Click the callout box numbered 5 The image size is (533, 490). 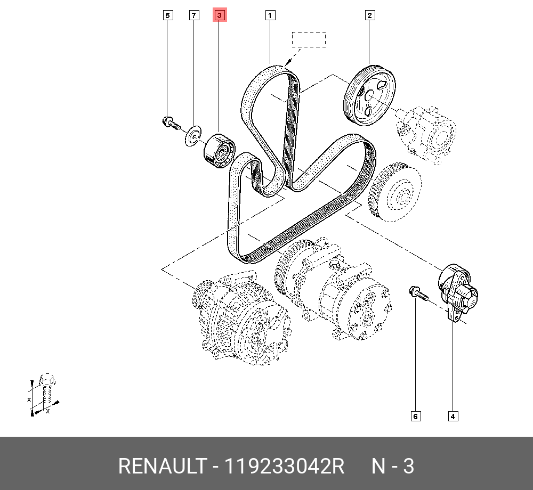167,15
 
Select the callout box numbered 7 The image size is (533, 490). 194,15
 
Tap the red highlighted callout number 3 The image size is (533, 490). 220,15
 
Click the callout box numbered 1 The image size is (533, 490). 270,15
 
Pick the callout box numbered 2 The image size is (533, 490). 369,15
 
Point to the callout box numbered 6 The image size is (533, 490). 415,416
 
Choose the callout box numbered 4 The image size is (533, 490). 453,416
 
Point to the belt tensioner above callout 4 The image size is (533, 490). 457,291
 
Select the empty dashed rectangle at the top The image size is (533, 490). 308,40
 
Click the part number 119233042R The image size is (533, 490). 284,467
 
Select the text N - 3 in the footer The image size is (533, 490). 392,467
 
